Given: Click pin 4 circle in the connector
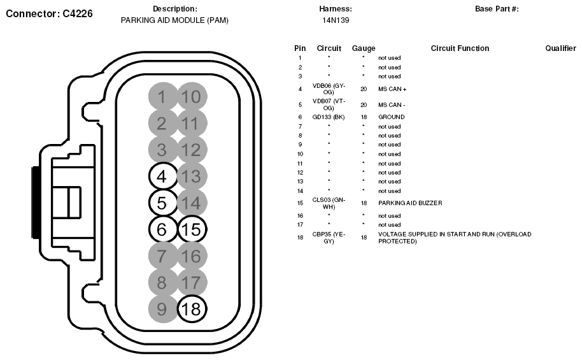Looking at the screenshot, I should coord(162,175).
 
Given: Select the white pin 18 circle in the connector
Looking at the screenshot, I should coord(192,309).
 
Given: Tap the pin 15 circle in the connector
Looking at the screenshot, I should coord(192,229).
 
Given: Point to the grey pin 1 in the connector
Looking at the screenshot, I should coord(162,97).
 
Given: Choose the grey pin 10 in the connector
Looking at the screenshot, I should coord(192,97).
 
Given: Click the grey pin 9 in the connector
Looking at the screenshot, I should coord(162,309).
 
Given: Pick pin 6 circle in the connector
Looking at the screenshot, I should coord(162,229).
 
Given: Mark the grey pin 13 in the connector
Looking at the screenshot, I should coord(192,175).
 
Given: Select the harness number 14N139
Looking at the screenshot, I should coord(336,20).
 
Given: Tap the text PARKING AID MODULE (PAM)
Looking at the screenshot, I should coord(174,20).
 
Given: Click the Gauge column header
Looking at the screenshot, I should coord(364,48).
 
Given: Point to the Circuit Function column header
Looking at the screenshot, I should coord(460,48).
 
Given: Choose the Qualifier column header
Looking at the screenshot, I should coord(560,48).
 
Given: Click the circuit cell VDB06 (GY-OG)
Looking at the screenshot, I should coord(329,89).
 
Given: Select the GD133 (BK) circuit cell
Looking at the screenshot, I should coord(329,117).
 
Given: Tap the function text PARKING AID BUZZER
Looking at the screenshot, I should coord(410,203).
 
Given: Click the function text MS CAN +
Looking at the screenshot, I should coord(392,89).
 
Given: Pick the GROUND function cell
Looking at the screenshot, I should coord(391,117).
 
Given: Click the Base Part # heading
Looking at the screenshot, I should coord(497,9).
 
